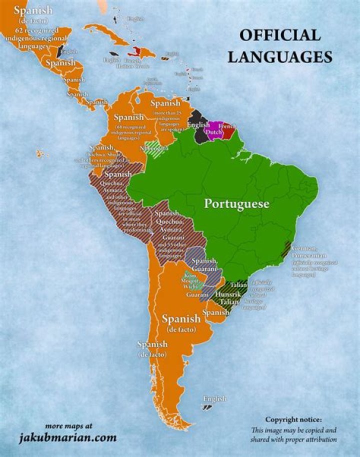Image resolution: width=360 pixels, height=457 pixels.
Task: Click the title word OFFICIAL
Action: point(279,35)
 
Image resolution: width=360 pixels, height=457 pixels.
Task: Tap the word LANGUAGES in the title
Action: point(280,56)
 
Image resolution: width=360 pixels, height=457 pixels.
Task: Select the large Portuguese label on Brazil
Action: point(236,204)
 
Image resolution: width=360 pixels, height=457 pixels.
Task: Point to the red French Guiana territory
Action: point(229,131)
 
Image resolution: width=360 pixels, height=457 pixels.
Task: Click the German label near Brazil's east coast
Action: point(304,248)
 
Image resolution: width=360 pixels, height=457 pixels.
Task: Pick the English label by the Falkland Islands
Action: point(214,398)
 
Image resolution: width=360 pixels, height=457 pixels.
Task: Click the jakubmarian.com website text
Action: point(68,438)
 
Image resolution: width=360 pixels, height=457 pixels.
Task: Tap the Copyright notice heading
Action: point(293,419)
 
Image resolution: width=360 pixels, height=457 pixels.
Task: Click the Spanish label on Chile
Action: point(153,345)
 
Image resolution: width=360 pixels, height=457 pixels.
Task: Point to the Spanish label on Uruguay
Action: point(216,312)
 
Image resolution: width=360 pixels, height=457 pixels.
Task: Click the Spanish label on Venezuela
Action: point(165,103)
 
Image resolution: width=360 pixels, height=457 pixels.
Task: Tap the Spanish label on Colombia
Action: point(128,117)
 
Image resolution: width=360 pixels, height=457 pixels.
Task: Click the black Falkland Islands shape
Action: point(206,407)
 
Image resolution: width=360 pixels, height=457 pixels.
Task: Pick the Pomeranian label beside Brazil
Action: point(307,256)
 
